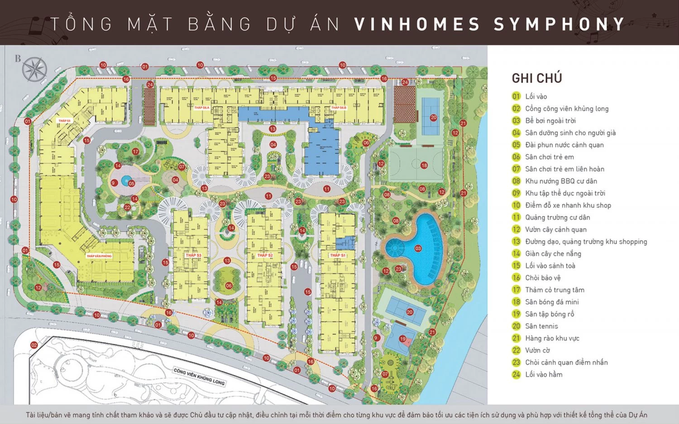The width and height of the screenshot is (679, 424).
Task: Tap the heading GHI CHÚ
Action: [x=537, y=78]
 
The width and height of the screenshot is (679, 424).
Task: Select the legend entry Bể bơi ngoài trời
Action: [x=550, y=121]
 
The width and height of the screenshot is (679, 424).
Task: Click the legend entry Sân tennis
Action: [x=541, y=326]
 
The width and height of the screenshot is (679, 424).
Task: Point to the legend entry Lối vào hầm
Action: [x=544, y=374]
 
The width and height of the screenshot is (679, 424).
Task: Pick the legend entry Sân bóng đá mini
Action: [x=552, y=302]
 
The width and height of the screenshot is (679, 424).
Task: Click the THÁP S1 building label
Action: [x=338, y=255]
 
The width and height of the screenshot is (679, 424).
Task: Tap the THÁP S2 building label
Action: [x=265, y=255]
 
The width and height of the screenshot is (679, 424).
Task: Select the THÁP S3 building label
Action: [x=193, y=255]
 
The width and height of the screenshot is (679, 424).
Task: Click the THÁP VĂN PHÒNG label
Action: [x=99, y=256]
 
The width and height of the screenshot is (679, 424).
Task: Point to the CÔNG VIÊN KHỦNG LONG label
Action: [x=199, y=376]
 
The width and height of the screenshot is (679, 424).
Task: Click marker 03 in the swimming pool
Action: [x=418, y=248]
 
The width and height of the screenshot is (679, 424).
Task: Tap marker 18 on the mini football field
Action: [x=424, y=165]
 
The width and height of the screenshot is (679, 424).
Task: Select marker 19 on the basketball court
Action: [x=402, y=339]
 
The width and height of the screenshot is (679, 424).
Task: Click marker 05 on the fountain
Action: [x=131, y=184]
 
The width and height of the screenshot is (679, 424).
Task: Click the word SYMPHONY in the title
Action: [x=559, y=24]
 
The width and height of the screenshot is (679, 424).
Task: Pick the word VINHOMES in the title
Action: [x=416, y=24]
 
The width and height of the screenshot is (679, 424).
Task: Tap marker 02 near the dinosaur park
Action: [x=34, y=345]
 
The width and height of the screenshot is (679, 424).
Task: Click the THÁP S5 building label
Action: [x=64, y=121]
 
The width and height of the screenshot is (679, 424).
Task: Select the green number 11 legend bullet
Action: [x=516, y=217]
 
